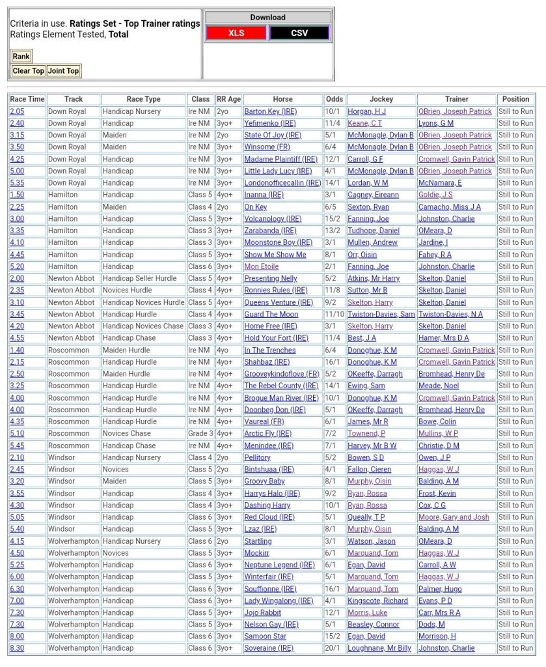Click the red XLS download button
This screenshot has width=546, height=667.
coord(236,33)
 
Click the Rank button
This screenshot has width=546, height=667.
coord(21,57)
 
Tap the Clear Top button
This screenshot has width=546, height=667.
coord(29,71)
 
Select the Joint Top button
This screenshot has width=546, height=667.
coord(64,71)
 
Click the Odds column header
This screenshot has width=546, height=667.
coord(334,99)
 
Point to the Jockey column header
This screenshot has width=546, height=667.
coord(381,99)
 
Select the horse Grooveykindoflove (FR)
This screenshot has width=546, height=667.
coord(282,374)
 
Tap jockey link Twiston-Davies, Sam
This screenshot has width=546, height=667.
coord(381,314)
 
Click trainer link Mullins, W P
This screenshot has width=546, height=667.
coord(438,433)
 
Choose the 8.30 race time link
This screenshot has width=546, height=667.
coord(17,648)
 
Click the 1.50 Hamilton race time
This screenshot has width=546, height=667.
coord(17,195)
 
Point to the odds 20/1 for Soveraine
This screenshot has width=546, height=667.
coord(333,648)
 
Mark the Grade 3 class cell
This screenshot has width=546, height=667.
coord(200,433)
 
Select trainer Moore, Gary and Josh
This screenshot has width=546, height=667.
coord(454,517)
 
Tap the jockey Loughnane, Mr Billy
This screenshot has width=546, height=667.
coord(379,648)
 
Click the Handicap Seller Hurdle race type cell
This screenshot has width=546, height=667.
coord(139,278)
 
